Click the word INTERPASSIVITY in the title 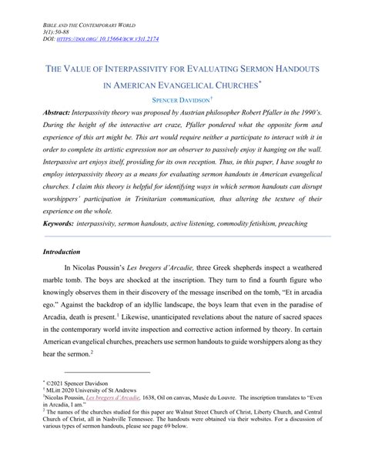(130, 69)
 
